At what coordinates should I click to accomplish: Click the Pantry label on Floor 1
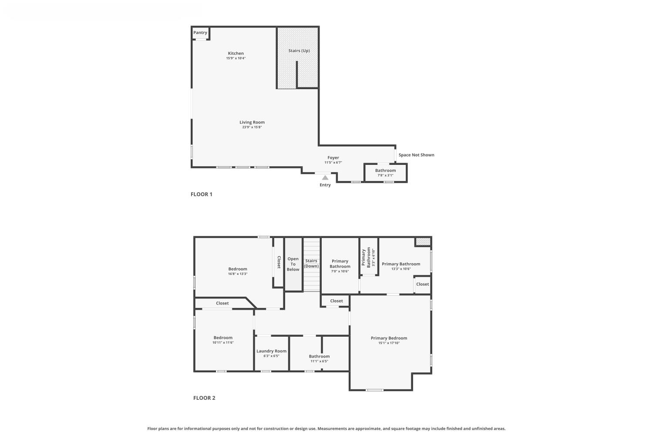pos(200,33)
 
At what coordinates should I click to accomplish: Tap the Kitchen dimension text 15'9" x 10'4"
pos(236,58)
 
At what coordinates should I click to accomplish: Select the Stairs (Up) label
pos(299,51)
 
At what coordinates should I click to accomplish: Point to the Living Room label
pos(252,122)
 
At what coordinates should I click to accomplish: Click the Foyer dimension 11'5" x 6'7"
pos(333,163)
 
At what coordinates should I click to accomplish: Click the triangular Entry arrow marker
pos(325,177)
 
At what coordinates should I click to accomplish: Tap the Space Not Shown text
pos(416,155)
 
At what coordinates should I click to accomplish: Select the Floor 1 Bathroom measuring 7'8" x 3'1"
pos(385,173)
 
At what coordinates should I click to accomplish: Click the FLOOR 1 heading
pos(201,194)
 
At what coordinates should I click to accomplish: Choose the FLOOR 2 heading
pos(204,398)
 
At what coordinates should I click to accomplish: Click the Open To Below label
pos(293,264)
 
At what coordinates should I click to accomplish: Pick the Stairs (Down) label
pos(311,264)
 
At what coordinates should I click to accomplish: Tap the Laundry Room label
pos(271,351)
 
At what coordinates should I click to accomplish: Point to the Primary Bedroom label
pos(389,338)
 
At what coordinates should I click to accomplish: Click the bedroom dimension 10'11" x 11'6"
pos(223,343)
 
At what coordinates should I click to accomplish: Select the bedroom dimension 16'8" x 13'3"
pos(238,274)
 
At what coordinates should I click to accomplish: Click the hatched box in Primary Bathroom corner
pos(422,241)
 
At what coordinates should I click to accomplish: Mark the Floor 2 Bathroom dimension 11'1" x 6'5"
pos(319,361)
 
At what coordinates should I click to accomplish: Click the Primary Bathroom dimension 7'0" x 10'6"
pos(340,271)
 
